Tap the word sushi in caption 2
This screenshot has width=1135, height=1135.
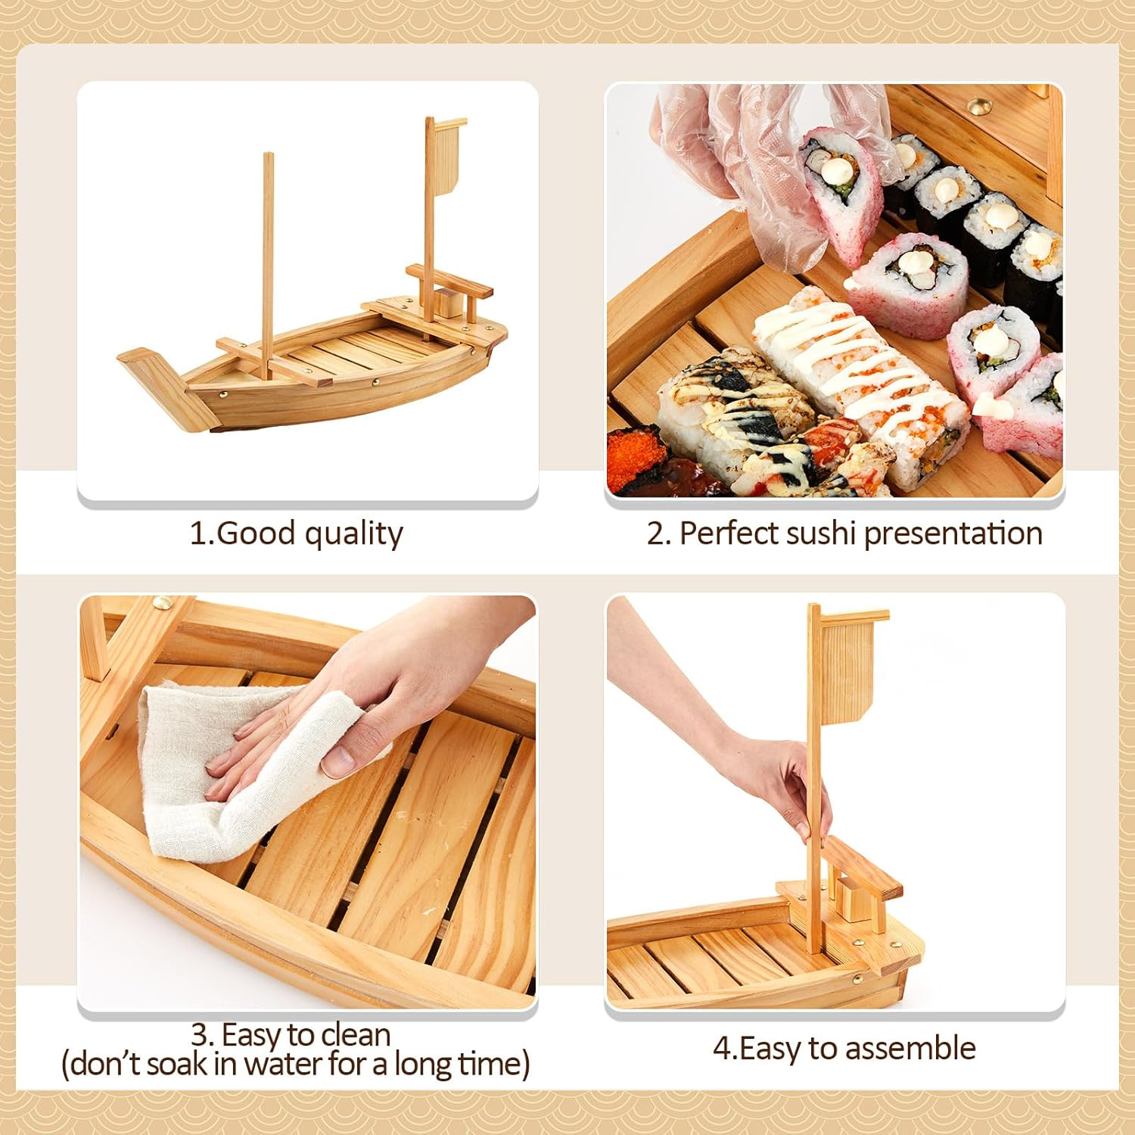[x=821, y=533]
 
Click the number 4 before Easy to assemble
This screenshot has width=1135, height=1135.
[x=723, y=1049]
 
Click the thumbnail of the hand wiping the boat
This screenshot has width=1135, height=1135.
[x=307, y=802]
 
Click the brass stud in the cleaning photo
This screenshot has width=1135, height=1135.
[x=162, y=603]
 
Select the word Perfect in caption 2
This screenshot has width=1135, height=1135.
[x=729, y=533]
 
